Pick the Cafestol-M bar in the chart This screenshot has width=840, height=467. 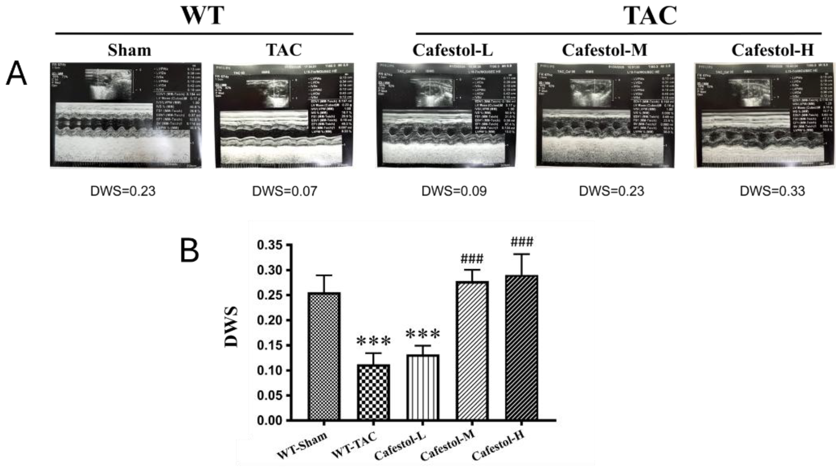click(472, 351)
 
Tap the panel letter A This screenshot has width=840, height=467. click(16, 74)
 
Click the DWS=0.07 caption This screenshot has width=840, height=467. click(284, 191)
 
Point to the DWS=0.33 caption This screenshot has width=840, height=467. click(772, 191)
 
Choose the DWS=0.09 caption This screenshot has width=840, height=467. click(454, 191)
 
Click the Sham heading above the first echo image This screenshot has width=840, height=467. click(130, 50)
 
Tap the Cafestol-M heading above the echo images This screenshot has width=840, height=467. click(604, 50)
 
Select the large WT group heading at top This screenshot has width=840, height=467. click(203, 15)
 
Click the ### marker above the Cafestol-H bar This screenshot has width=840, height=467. click(522, 242)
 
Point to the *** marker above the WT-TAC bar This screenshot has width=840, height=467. click(373, 341)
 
